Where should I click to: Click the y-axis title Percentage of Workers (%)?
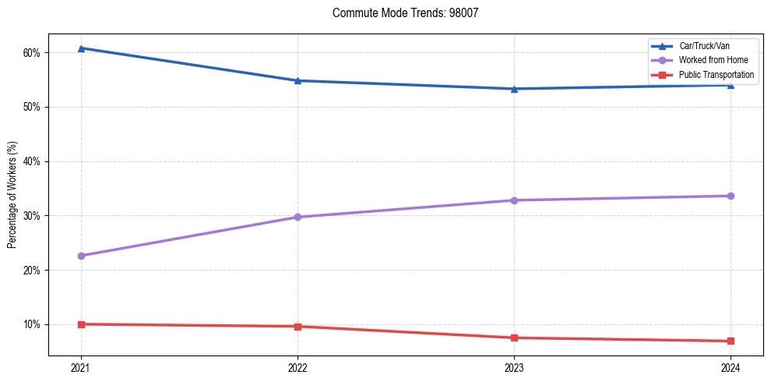[x=12, y=194]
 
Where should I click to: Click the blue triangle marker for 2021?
[x=81, y=48]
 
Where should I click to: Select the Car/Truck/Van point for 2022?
[x=297, y=80]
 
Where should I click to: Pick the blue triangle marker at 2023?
[x=514, y=89]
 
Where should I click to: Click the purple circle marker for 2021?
[x=81, y=256]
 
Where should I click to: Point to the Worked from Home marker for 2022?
[x=297, y=217]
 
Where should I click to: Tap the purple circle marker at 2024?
[x=731, y=196]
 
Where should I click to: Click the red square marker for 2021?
[x=81, y=324]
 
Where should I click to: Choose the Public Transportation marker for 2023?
[x=514, y=338]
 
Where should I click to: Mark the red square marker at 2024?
[x=731, y=341]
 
